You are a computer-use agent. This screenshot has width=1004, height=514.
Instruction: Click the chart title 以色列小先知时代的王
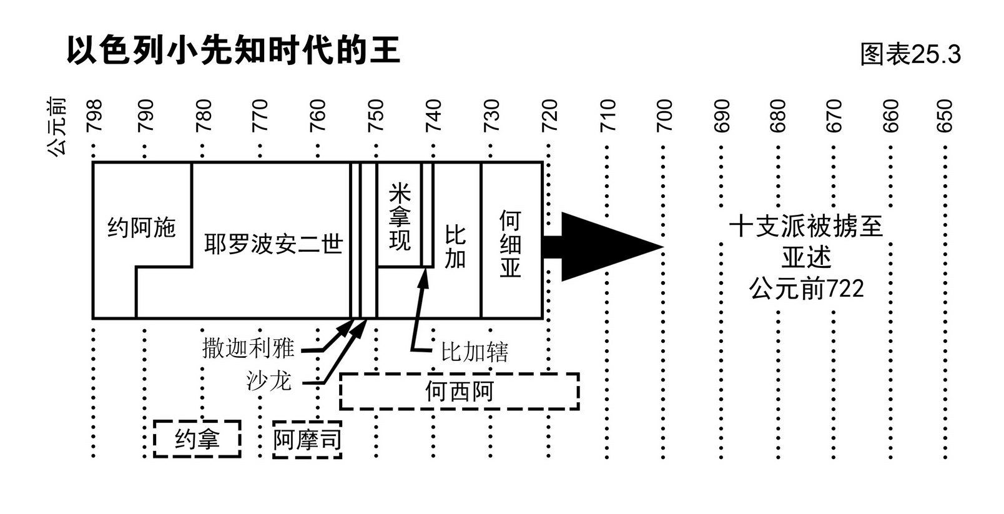coord(233,51)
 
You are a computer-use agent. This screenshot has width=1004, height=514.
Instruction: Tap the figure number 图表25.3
coord(910,54)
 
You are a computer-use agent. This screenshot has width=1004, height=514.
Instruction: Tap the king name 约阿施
coord(142,228)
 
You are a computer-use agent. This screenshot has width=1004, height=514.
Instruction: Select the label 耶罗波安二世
coord(273,244)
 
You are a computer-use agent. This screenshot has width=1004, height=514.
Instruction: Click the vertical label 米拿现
coord(400,217)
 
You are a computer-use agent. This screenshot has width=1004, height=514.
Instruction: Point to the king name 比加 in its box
coord(455,247)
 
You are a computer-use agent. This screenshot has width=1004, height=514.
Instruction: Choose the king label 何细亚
coord(510,244)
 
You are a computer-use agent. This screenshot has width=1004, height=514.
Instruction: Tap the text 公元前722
coord(806,289)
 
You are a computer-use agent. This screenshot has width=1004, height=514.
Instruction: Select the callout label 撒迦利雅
coord(248,348)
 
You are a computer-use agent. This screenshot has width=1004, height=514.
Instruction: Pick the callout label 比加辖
coord(475,352)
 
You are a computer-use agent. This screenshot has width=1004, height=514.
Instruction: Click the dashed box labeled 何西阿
coord(459,392)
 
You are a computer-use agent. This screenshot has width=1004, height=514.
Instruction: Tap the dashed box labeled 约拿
coord(197,439)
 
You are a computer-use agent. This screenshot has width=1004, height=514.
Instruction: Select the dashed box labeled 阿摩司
coord(307,440)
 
